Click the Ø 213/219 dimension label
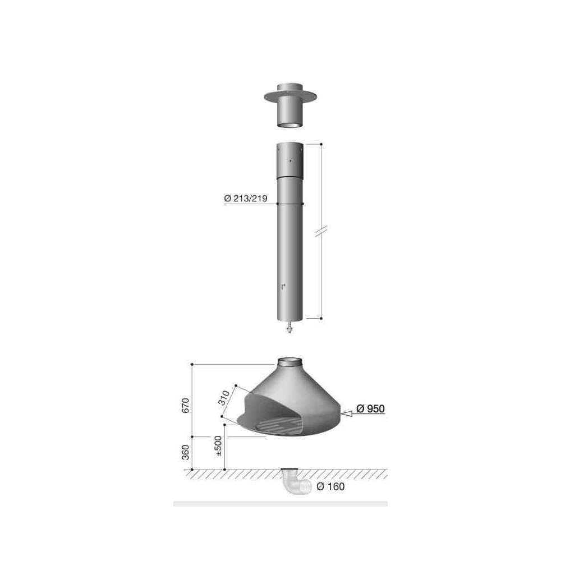246,198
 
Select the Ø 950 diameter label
371,408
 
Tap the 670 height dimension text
185,406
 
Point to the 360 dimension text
185,453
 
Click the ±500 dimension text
218,446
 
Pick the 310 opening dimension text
224,398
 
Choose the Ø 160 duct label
330,486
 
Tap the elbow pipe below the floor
296,482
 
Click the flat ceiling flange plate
290,96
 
